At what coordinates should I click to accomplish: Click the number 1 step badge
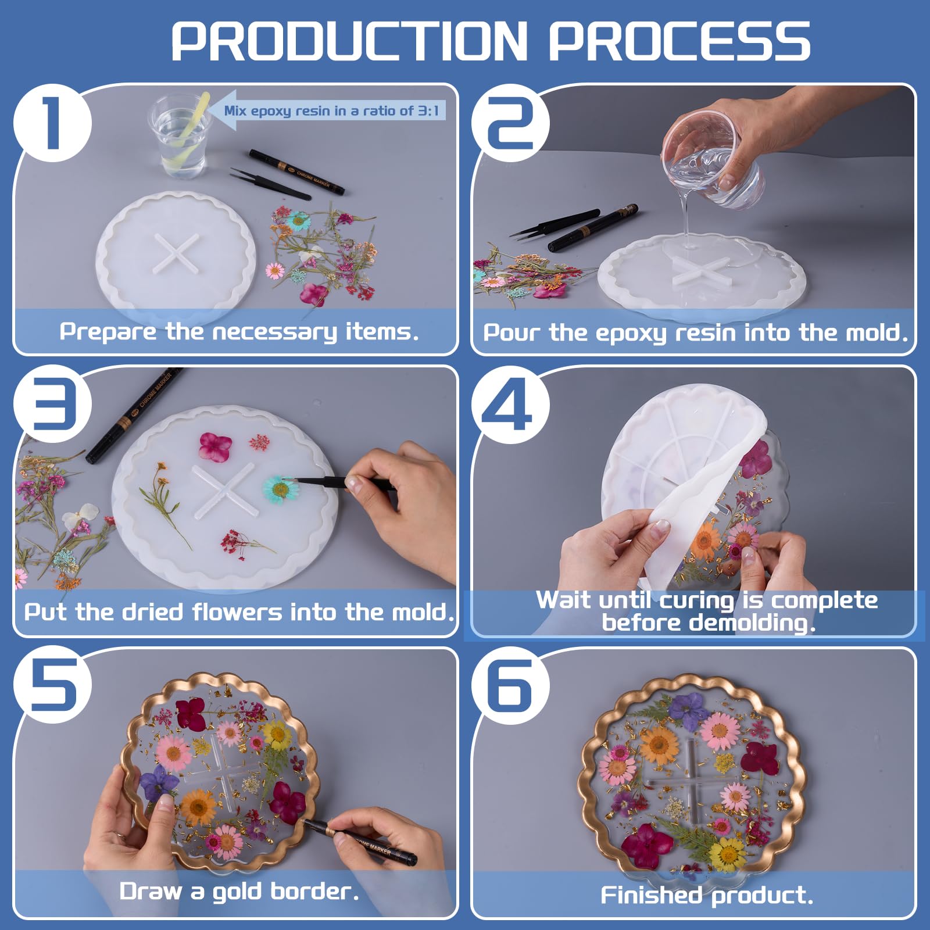tap(52, 123)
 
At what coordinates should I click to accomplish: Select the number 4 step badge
tap(510, 405)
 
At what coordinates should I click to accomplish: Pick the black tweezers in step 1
tap(270, 184)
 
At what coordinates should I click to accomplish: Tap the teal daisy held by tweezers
tap(281, 489)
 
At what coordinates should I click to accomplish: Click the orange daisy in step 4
tap(706, 540)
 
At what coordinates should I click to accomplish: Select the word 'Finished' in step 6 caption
tap(650, 895)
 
